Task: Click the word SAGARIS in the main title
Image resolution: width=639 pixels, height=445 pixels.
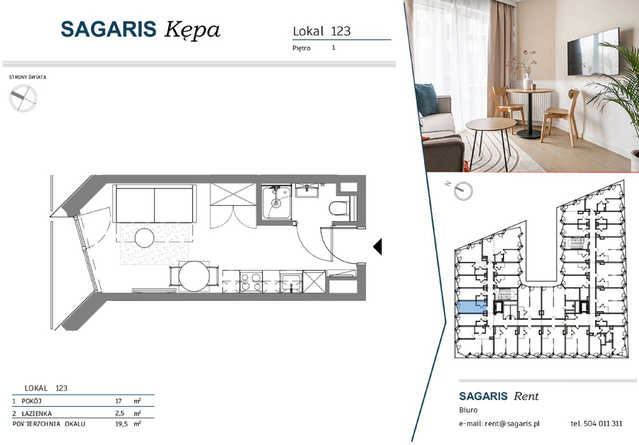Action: tap(108, 29)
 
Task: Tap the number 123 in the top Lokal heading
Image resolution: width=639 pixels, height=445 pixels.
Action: tap(341, 31)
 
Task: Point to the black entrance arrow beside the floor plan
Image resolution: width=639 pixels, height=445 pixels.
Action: tap(377, 246)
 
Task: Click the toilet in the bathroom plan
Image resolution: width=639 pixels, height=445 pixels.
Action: tap(339, 208)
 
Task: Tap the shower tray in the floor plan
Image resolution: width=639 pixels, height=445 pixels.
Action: tap(277, 203)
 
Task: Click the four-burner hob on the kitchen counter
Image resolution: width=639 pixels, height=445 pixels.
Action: tap(251, 281)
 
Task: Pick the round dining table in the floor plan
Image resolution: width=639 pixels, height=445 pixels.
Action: tap(194, 276)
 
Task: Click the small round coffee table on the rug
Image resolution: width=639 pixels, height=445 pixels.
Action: tap(144, 238)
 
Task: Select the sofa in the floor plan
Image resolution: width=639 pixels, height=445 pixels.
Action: tap(154, 203)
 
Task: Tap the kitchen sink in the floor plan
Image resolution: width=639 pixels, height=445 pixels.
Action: tap(291, 282)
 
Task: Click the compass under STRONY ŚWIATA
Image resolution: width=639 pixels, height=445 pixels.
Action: tap(23, 98)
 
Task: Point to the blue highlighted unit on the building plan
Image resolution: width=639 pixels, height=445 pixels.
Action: tap(471, 307)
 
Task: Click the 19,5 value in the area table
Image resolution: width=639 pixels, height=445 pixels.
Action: tap(121, 424)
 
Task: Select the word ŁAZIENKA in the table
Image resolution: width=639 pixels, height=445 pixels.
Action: tap(36, 413)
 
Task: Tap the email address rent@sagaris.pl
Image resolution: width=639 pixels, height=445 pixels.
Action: tap(512, 423)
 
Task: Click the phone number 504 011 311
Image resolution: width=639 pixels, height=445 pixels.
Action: tap(603, 423)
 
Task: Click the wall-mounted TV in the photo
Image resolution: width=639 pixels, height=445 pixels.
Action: tap(593, 53)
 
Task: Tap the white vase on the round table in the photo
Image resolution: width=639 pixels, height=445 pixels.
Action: tap(527, 81)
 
